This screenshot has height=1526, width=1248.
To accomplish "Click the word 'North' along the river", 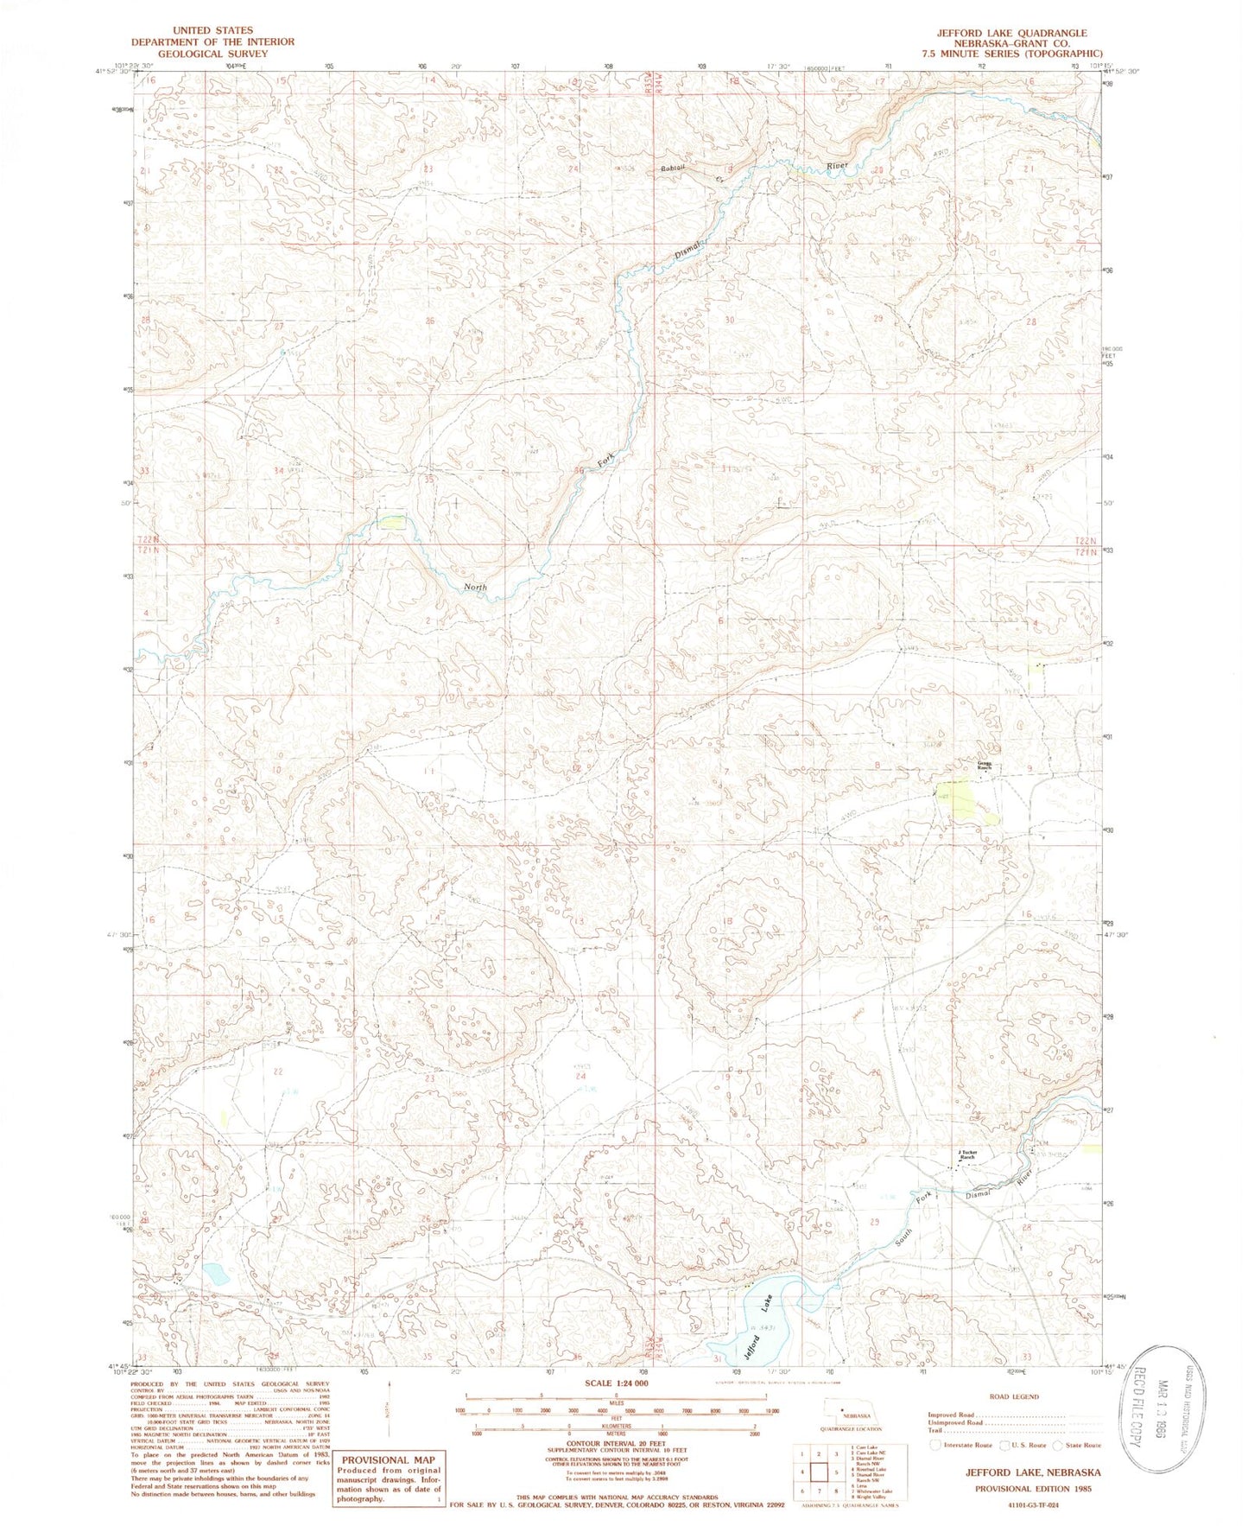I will [475, 587].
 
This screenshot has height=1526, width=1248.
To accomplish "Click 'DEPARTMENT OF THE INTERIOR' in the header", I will [212, 41].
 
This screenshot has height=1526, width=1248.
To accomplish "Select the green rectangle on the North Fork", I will [391, 521].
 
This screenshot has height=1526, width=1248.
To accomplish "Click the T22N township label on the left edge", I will [146, 540].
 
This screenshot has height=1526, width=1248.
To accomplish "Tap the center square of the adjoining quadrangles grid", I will [818, 1471].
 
